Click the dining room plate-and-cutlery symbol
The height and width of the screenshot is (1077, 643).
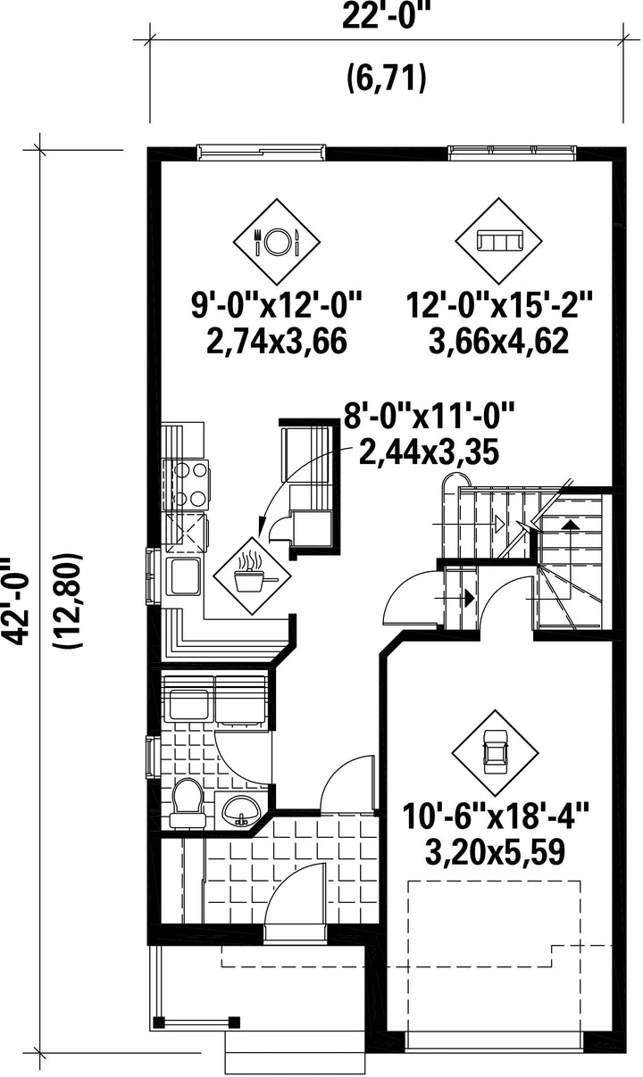[277, 241]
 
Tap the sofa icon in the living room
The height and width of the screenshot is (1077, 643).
[499, 240]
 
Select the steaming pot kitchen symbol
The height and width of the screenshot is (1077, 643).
[252, 576]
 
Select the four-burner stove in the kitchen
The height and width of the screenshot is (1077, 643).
[188, 485]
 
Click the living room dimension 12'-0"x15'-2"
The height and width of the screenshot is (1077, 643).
[499, 305]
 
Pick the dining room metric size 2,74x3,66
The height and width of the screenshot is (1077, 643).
[277, 342]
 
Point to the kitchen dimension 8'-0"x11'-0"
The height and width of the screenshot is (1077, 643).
[429, 416]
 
